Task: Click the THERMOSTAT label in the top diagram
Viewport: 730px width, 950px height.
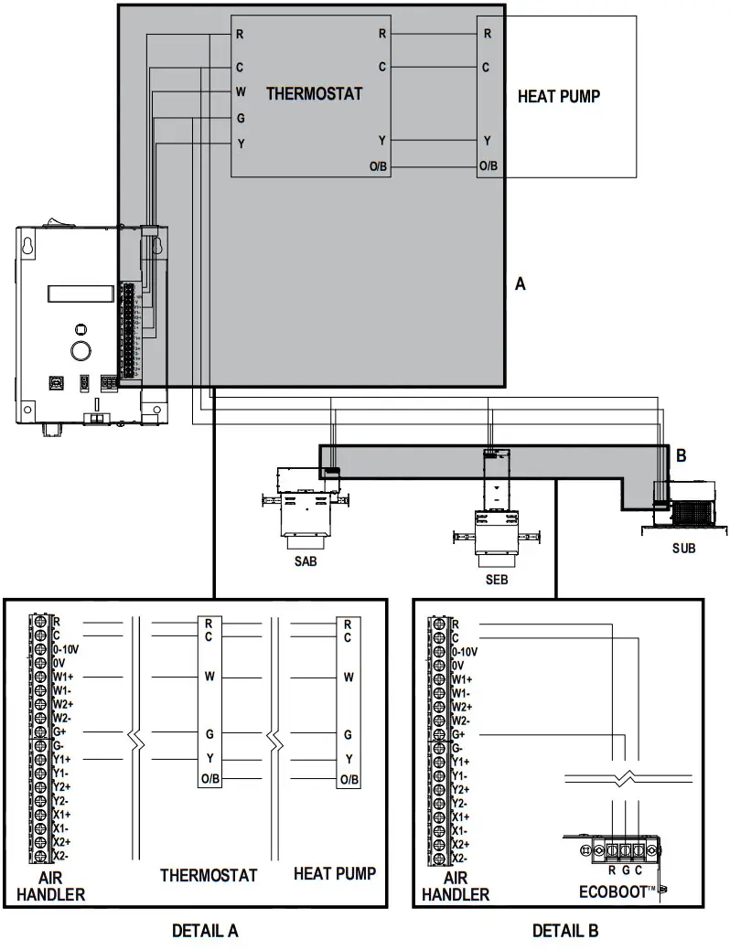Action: (x=314, y=93)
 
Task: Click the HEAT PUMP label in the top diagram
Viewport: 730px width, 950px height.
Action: (x=559, y=96)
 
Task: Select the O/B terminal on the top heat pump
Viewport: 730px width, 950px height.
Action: (x=488, y=166)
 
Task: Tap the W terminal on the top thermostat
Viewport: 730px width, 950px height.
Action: (x=241, y=91)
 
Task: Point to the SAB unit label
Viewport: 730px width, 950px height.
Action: (x=306, y=561)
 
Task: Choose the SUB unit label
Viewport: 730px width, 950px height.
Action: (x=683, y=549)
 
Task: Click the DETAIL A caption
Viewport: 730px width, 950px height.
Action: (x=205, y=931)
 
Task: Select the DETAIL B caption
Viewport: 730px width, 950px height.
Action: (x=565, y=931)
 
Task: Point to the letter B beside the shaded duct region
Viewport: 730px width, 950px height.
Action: (x=681, y=454)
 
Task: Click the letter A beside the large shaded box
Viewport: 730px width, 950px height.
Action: (x=521, y=284)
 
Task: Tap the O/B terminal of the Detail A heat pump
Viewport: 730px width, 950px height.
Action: (x=349, y=779)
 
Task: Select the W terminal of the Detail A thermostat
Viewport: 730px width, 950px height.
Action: (x=209, y=678)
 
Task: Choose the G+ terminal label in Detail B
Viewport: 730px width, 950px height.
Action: (x=460, y=734)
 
